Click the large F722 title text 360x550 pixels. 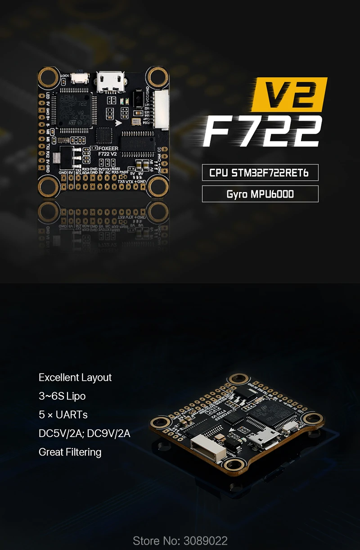262,131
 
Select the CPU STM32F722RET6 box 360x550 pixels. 260,173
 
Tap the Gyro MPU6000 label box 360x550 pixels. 260,194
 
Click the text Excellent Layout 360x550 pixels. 75,378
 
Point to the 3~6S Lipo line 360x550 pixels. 62,396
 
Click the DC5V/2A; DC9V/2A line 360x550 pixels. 85,433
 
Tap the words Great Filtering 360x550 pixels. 70,452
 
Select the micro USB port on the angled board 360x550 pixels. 267,437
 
